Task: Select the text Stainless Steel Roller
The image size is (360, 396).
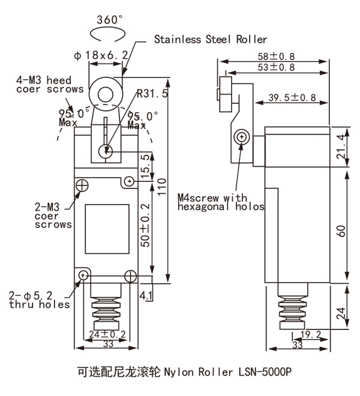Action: tap(211, 40)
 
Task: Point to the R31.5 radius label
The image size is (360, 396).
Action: tap(152, 94)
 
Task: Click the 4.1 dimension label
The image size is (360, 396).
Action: tap(146, 295)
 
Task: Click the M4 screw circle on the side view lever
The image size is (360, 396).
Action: tap(242, 137)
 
